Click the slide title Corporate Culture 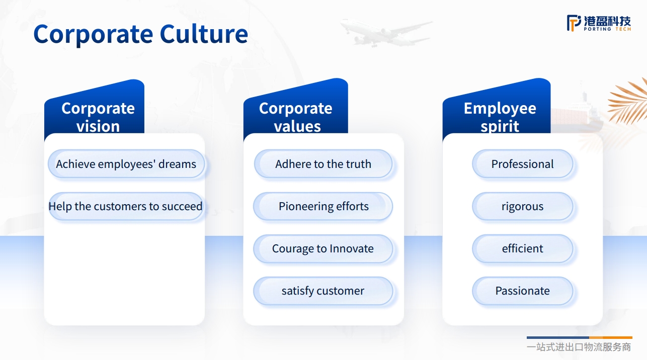click(141, 34)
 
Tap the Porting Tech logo click(599, 23)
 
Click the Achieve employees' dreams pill click(126, 164)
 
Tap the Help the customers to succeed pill click(126, 207)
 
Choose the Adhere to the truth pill click(323, 164)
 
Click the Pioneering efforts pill click(323, 207)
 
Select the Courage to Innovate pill click(323, 248)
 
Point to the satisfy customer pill click(323, 291)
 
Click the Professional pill click(523, 164)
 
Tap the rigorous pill click(523, 207)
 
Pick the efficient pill click(523, 248)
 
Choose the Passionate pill click(523, 291)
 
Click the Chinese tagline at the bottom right click(579, 347)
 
